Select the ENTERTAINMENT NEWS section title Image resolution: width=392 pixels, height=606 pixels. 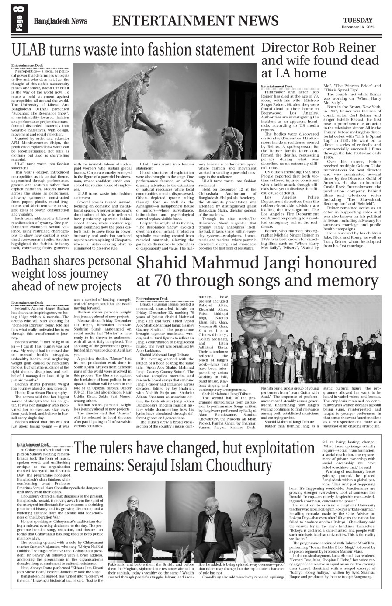(x=195, y=21)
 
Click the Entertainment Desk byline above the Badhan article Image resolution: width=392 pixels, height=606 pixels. (x=27, y=303)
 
